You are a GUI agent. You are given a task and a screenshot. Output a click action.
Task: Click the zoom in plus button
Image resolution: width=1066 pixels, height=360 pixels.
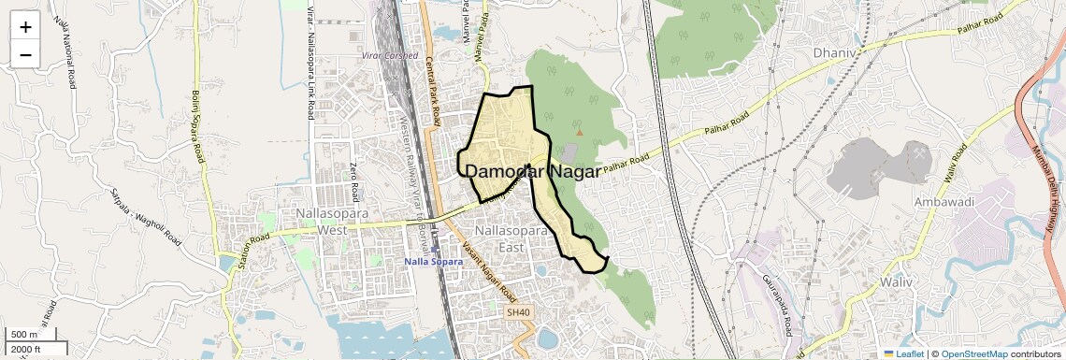(x=25, y=27)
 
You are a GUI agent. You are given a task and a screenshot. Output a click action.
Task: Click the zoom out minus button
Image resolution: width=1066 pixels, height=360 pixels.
(x=25, y=55)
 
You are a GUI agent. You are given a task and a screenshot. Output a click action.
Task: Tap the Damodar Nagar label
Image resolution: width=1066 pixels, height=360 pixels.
(x=532, y=172)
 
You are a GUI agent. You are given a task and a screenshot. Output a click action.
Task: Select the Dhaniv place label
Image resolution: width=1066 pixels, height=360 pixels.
(x=835, y=53)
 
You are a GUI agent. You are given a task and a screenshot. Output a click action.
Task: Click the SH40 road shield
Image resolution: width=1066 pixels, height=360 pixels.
(x=517, y=311)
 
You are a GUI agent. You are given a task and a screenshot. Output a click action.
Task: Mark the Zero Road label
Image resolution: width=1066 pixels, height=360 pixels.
(x=354, y=181)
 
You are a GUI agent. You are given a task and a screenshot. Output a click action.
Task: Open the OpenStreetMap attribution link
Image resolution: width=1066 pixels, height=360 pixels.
(x=973, y=354)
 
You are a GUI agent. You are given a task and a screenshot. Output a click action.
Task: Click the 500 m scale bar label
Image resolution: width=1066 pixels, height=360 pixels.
(x=24, y=335)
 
